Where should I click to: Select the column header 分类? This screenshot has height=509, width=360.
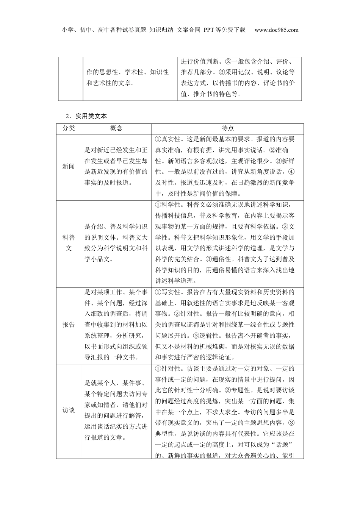click(69, 128)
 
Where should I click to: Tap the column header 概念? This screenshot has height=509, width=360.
click(116, 128)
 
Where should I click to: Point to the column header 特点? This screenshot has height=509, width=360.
click(227, 128)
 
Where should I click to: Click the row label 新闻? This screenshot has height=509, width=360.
click(69, 166)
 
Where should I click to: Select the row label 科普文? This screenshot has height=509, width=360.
click(69, 243)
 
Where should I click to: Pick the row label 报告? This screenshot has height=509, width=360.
click(69, 325)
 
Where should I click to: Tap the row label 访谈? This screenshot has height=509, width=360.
click(69, 410)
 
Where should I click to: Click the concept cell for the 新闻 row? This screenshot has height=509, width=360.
click(116, 166)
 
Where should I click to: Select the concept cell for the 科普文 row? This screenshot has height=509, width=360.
click(116, 243)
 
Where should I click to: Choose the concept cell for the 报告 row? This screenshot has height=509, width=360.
click(116, 325)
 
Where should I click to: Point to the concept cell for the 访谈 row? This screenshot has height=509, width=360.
click(116, 410)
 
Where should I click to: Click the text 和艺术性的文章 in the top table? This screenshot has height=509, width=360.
click(110, 83)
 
